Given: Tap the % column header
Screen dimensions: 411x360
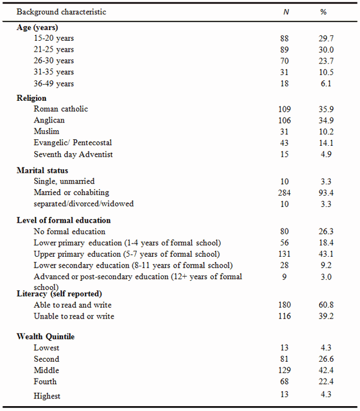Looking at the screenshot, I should click(324, 12).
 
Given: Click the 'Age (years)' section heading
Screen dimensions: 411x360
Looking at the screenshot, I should click(37, 26).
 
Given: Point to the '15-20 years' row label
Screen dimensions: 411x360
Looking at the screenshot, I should click(54, 38).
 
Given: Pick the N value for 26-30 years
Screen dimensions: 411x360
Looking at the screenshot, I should click(284, 61).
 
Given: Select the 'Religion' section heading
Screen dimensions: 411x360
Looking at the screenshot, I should click(32, 98).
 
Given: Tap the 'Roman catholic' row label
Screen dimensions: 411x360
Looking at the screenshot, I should click(61, 109).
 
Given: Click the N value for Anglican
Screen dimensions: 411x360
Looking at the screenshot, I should click(284, 120).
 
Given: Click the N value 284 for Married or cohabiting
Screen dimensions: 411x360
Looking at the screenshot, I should click(284, 192).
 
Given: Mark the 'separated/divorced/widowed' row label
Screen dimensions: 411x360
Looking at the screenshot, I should click(84, 203).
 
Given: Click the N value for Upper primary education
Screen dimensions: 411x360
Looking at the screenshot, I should click(284, 254).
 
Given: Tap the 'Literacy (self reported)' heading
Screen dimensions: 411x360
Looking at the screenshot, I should click(58, 293).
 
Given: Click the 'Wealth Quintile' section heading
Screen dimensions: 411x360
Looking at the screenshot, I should click(46, 336).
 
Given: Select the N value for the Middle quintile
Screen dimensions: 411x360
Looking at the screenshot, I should click(284, 370).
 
